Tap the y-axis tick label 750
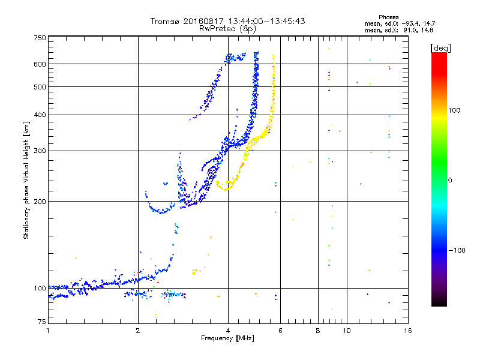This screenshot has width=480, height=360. pos(40,38)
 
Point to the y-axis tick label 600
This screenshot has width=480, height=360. pos(40,64)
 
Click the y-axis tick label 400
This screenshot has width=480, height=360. pos(40,115)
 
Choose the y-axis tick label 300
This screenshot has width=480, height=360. pos(40,151)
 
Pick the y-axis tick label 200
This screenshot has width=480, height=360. pos(40,202)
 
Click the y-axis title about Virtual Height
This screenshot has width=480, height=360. pos(26,181)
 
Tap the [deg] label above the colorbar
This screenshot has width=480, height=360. pos(440,47)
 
